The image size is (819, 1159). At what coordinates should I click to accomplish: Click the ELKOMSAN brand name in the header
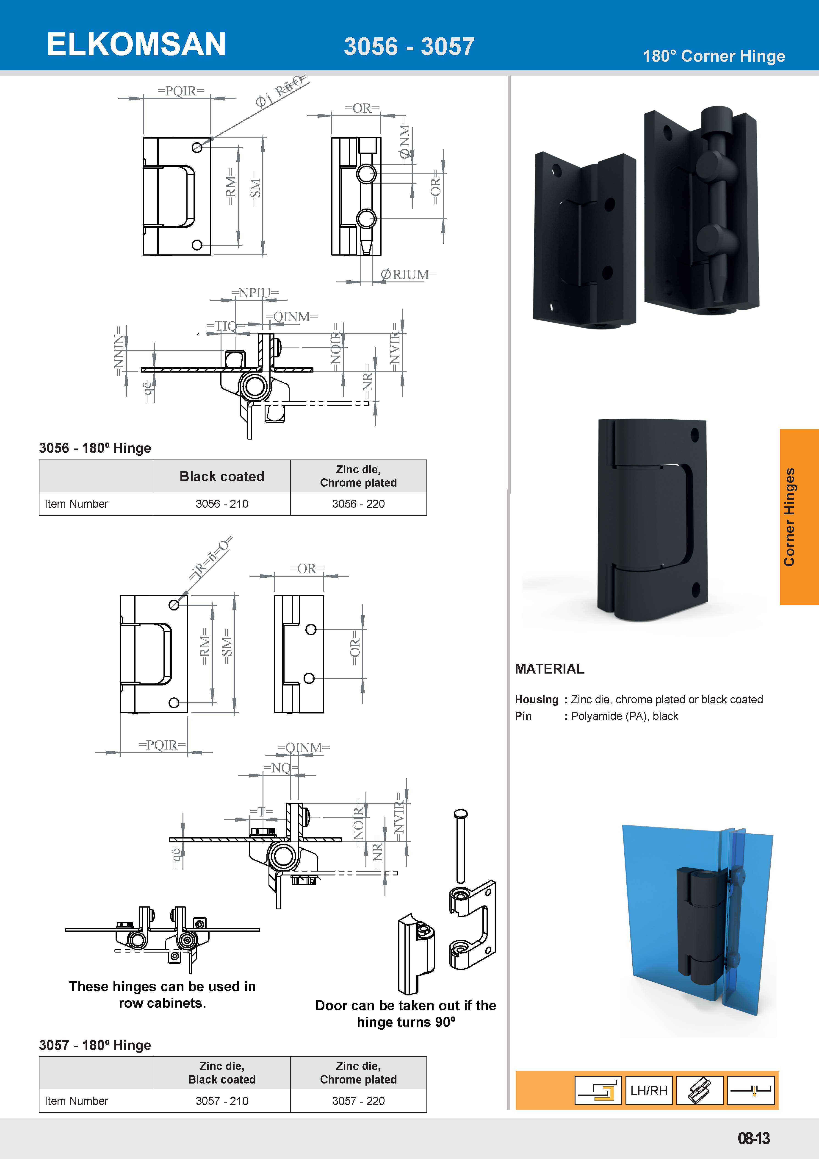(x=136, y=45)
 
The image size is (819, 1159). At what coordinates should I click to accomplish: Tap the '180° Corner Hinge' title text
(x=714, y=56)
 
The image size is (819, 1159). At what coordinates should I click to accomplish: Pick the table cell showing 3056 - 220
(x=358, y=504)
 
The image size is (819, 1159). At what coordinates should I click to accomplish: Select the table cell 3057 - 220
(x=358, y=1101)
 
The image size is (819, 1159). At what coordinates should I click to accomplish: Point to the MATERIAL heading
(x=550, y=669)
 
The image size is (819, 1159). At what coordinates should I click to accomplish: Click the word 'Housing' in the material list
(x=537, y=700)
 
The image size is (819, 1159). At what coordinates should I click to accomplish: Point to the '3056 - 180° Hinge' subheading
(x=95, y=448)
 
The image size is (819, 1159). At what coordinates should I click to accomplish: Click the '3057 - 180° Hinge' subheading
(x=95, y=1045)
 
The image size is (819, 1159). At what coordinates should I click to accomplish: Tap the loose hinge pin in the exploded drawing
(x=460, y=848)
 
